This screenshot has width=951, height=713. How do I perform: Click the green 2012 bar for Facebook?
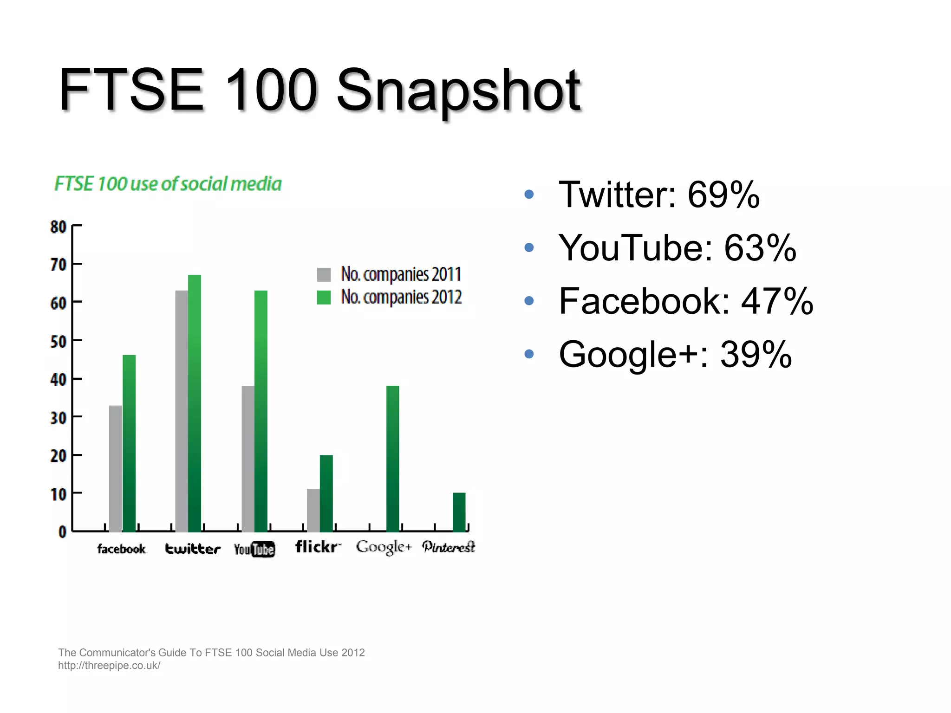129,443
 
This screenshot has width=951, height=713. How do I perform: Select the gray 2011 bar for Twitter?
182,411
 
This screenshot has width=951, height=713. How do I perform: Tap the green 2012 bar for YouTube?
261,411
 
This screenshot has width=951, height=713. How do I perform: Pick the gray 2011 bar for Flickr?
313,510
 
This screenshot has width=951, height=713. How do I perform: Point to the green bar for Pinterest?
459,512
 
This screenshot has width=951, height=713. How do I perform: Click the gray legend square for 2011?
324,275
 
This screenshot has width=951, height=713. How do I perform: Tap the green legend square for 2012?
324,298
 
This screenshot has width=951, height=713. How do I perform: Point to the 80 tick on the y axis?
59,227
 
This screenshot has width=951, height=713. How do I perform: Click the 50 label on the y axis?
59,342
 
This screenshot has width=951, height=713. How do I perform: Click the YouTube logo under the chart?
254,550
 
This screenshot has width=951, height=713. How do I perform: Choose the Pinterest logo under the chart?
449,547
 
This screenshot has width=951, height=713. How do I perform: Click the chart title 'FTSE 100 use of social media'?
168,184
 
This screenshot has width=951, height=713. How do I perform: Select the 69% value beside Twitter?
723,194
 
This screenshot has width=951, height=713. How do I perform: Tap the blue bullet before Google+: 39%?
529,354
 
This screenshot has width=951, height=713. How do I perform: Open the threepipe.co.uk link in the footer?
109,666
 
